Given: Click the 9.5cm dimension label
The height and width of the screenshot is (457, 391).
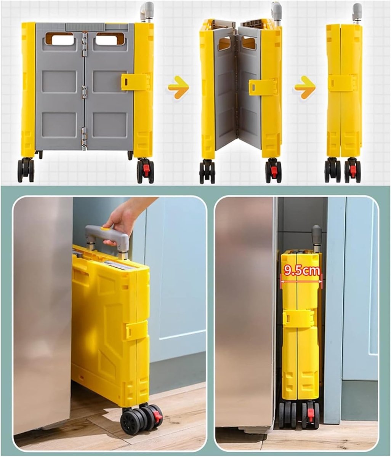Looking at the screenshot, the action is pos(301,271).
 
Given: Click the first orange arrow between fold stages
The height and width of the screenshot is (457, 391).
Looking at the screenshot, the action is pos(178,87).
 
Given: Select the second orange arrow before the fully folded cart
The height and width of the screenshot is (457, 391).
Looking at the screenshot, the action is pos(305,87).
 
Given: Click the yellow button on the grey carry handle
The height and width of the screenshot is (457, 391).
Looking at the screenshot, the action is pos(105,228).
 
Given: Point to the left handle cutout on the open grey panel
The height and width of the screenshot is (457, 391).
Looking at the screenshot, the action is pos(60,39).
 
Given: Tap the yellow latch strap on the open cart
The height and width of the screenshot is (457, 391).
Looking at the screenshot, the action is pos(135,82).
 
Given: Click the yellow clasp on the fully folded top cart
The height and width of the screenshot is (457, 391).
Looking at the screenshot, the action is pos(342,83).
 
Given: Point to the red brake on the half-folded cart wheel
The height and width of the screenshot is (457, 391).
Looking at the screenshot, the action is pos(274,171).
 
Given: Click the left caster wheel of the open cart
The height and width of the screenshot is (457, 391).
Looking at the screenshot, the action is pos(26,171).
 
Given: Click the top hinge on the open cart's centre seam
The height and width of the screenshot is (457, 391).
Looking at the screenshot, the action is pos(84,45).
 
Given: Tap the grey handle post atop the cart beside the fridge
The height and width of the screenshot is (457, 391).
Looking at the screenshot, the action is pos(316,238).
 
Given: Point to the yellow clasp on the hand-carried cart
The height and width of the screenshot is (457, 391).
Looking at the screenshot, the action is pos(137,330).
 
